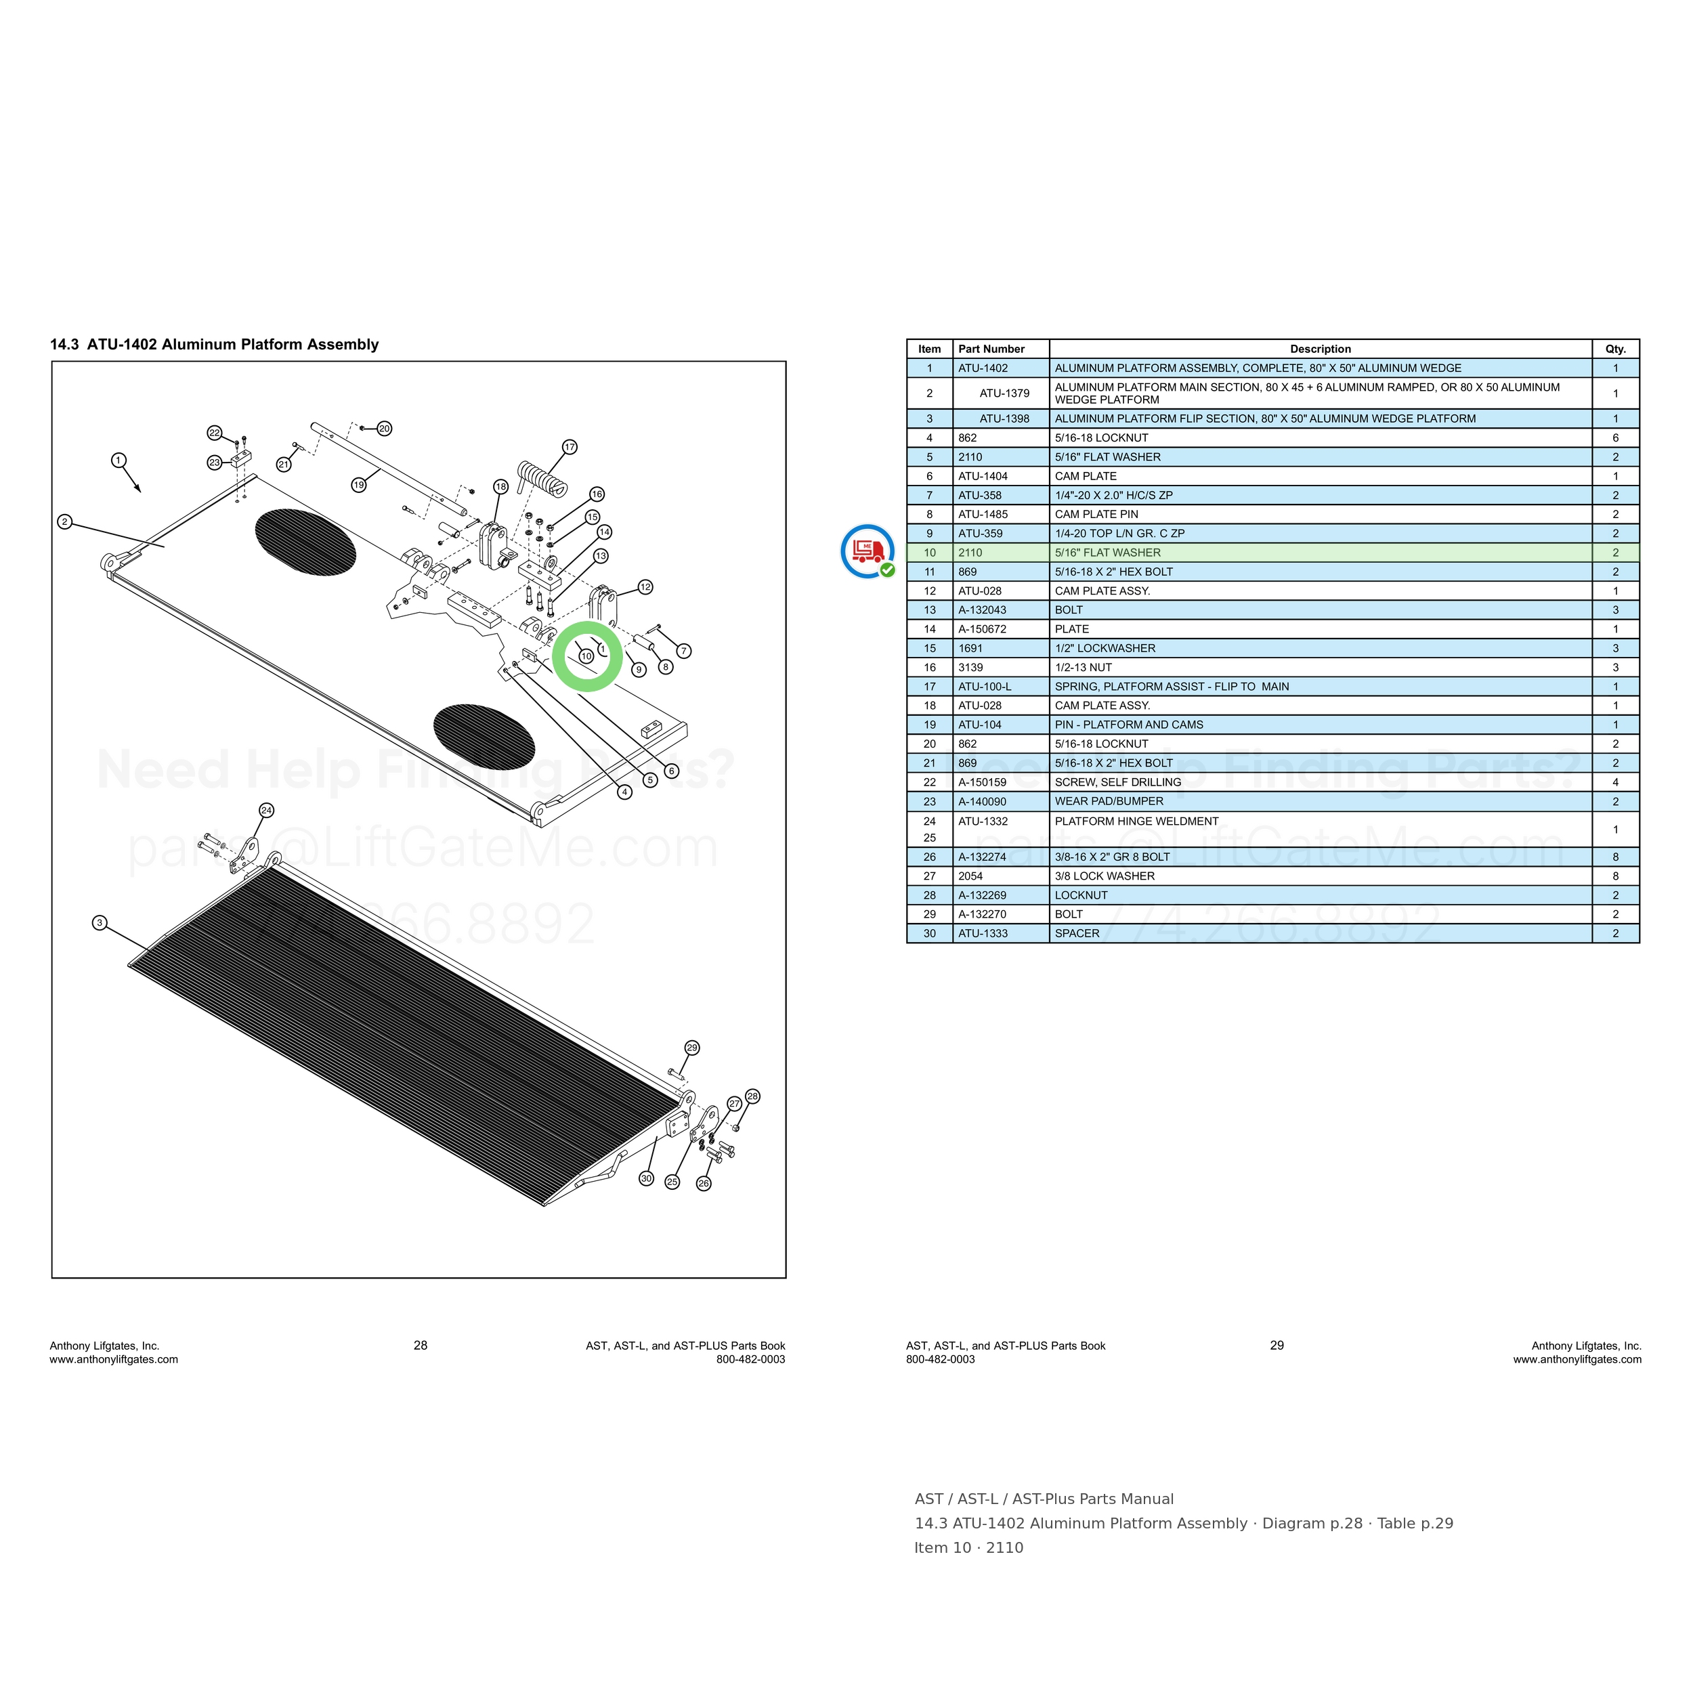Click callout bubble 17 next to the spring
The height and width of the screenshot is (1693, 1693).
570,447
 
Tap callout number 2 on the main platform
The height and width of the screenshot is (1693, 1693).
64,521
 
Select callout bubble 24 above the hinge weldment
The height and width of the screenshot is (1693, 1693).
266,811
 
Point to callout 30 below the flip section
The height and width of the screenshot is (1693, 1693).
646,1178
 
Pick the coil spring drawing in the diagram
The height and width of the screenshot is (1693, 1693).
542,477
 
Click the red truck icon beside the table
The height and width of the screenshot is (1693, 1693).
867,551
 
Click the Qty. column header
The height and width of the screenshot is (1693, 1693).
1615,349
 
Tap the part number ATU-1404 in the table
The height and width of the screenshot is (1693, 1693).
983,476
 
